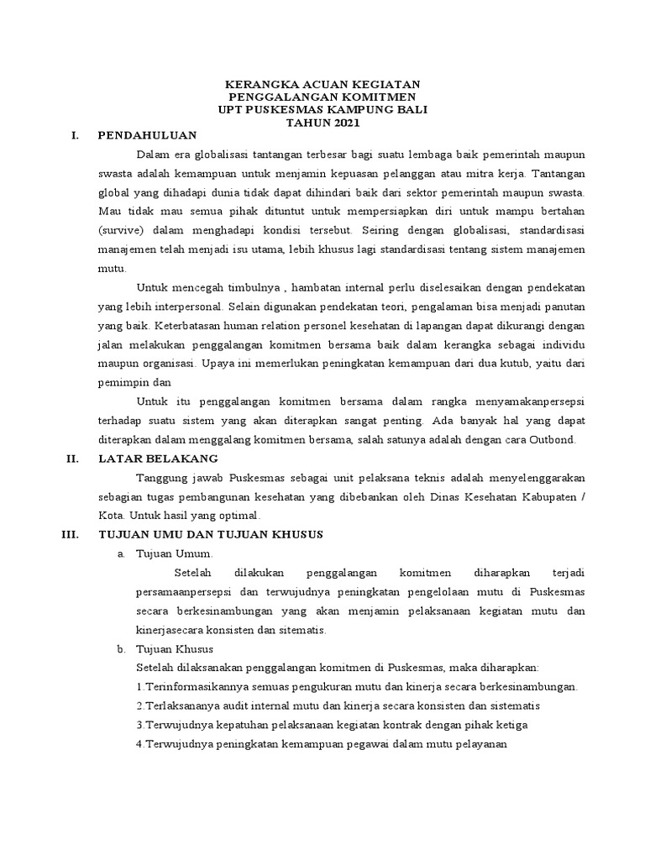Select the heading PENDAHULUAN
pyautogui.click(x=147, y=135)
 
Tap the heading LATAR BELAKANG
pyautogui.click(x=158, y=459)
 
